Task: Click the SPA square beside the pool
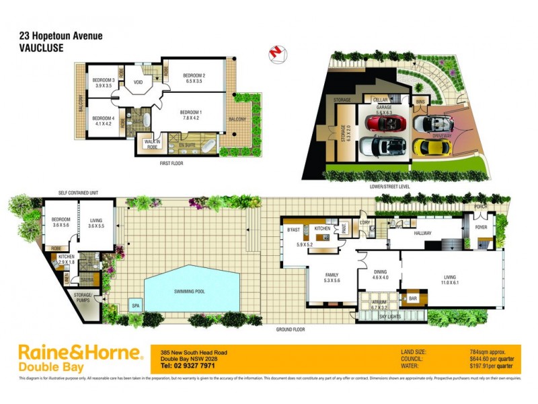pyautogui.click(x=137, y=304)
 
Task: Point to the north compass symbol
pyautogui.click(x=274, y=52)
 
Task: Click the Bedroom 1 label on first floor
pyautogui.click(x=190, y=115)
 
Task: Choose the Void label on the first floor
pyautogui.click(x=139, y=83)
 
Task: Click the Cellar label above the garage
pyautogui.click(x=371, y=100)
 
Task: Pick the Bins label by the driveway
pyautogui.click(x=421, y=102)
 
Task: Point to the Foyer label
pyautogui.click(x=482, y=228)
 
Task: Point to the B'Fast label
pyautogui.click(x=293, y=230)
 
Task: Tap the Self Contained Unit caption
pyautogui.click(x=78, y=193)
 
